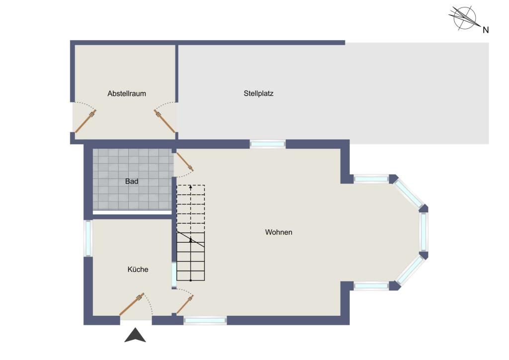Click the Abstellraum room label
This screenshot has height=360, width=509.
click(127, 93)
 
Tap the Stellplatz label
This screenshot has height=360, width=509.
click(258, 93)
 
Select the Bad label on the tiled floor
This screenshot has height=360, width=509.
click(131, 181)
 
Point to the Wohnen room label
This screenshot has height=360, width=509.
click(278, 232)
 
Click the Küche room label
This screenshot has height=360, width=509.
click(138, 269)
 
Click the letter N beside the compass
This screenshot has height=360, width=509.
click(486, 30)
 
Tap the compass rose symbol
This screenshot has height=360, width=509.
click(465, 18)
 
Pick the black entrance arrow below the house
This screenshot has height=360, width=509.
click(135, 335)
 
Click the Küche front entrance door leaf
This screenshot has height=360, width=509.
click(132, 304)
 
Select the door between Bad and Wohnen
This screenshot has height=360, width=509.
click(184, 162)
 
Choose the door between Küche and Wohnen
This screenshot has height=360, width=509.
click(185, 304)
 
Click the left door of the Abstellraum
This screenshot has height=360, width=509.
click(85, 121)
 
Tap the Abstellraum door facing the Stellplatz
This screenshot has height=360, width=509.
click(165, 121)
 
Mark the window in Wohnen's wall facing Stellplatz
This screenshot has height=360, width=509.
click(267, 144)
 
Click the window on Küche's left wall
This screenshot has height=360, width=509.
click(88, 238)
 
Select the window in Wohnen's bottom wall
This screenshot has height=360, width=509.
click(205, 320)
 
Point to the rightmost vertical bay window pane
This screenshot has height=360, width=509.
click(424, 231)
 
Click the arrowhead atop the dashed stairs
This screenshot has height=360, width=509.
click(190, 187)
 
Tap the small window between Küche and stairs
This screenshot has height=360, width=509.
click(174, 274)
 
